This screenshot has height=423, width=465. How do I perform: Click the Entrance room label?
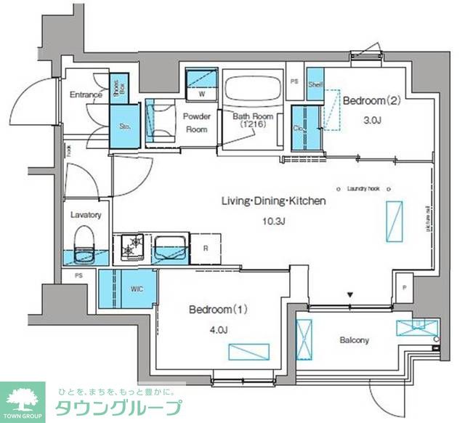coord(85,94)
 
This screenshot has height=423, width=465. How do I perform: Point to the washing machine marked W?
coord(201,94)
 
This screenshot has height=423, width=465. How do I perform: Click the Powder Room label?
coord(196,123)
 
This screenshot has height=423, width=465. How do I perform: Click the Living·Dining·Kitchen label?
coord(273,201)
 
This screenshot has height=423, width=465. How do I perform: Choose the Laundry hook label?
coord(363,188)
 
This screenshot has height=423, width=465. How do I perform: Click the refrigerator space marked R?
coord(206,248)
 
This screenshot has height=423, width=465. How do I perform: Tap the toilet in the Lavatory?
coord(85,243)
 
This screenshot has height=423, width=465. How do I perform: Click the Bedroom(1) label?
coord(219,310)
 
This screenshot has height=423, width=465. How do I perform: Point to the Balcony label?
coord(354,339)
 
